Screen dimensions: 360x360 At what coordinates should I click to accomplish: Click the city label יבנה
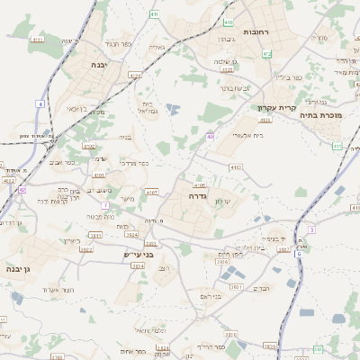pyautogui.click(x=99, y=65)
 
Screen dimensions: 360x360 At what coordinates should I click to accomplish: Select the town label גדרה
pyautogui.click(x=199, y=195)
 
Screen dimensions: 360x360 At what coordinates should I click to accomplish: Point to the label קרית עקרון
pyautogui.click(x=276, y=108)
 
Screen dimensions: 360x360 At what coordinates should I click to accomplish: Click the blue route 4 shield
pyautogui.click(x=40, y=103)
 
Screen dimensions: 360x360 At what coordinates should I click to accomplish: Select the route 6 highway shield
pyautogui.click(x=299, y=253)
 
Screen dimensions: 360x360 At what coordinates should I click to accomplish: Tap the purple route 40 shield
pyautogui.click(x=210, y=137)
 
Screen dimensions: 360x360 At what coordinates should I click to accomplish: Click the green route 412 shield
pyautogui.click(x=266, y=54)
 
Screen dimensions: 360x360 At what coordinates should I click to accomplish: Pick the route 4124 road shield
pyautogui.click(x=134, y=76)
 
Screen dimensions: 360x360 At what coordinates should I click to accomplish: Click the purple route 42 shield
pyautogui.click(x=22, y=190)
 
